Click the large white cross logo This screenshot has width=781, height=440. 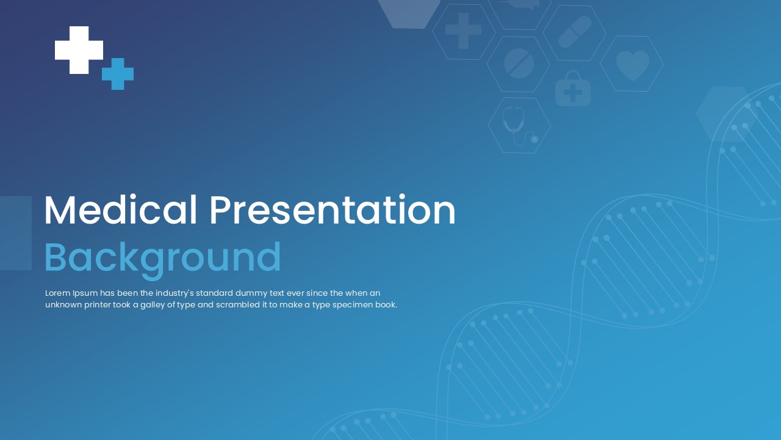click(x=79, y=50)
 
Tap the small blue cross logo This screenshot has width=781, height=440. click(x=118, y=74)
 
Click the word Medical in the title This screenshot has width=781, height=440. click(x=121, y=211)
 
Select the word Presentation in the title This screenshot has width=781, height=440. click(x=333, y=211)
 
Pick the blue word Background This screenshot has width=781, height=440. click(x=163, y=257)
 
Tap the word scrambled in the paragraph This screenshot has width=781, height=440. click(x=234, y=305)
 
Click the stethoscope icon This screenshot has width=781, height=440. click(x=519, y=126)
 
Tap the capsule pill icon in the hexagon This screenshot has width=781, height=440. click(x=575, y=32)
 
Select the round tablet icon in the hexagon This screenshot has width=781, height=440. click(x=519, y=64)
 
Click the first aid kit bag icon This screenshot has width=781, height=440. click(x=572, y=89)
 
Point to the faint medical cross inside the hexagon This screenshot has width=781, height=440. click(x=464, y=31)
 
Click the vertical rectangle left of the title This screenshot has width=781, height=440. click(x=16, y=233)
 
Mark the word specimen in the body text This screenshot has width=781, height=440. click(x=351, y=305)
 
